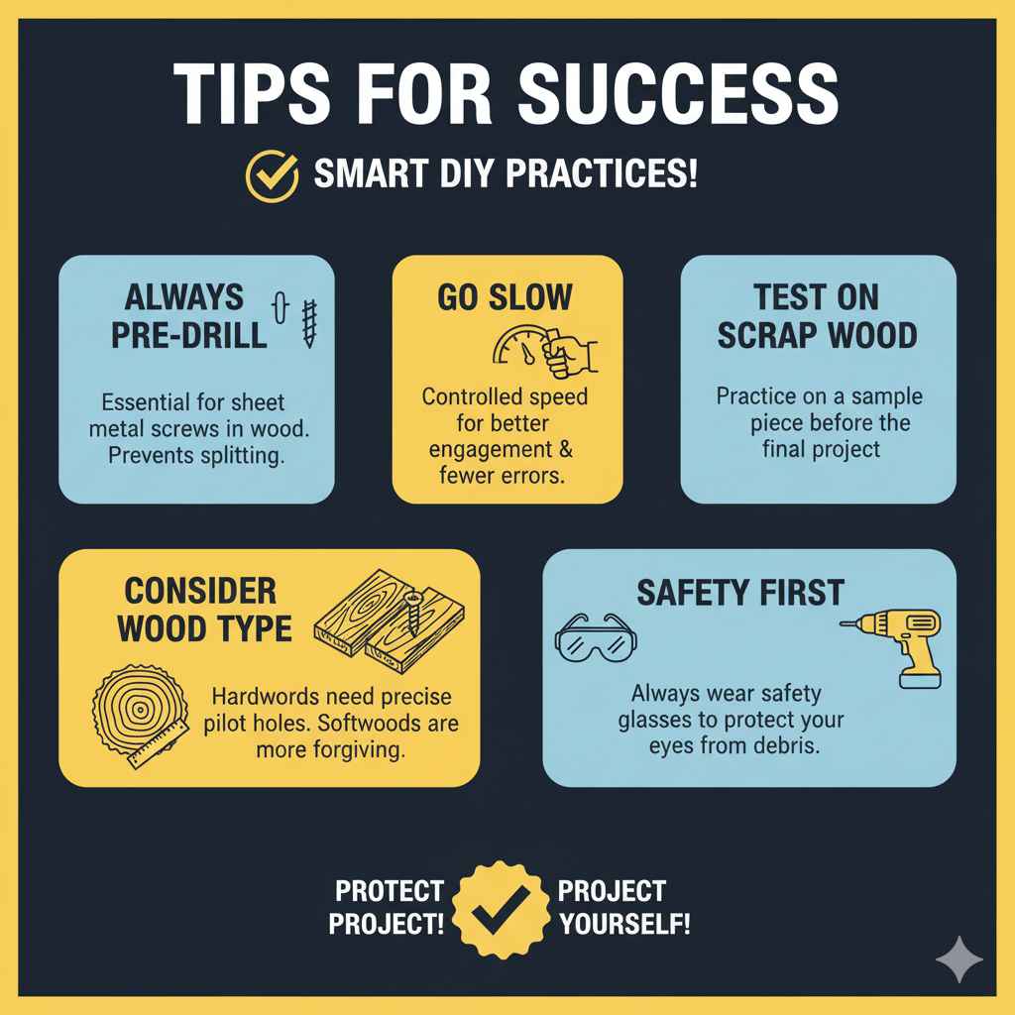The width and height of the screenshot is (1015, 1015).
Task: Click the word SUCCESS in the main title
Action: (678, 93)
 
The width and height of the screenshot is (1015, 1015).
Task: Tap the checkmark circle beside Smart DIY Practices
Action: (272, 175)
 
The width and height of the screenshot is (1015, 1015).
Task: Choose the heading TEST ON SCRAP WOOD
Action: (817, 315)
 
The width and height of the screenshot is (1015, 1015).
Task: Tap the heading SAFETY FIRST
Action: (739, 593)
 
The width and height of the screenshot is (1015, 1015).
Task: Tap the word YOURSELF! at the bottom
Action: (625, 924)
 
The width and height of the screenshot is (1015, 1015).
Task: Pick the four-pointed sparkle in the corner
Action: (958, 959)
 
